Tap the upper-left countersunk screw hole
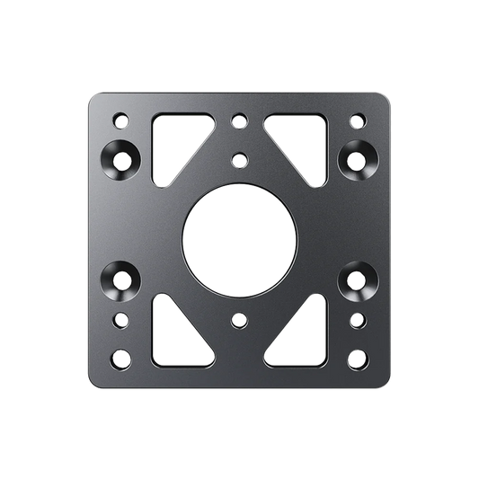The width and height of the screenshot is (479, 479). coord(121,159)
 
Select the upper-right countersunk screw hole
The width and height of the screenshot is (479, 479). coord(357,159)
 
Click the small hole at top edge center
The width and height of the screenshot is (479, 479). coord(239,119)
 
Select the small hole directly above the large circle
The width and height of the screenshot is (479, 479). coord(239,161)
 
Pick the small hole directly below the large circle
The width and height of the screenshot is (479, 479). coord(239,319)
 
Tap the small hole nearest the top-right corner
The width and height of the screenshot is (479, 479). coord(358,119)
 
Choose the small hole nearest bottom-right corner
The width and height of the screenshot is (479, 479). coord(358,359)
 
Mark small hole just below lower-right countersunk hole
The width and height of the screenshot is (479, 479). coord(358,319)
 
